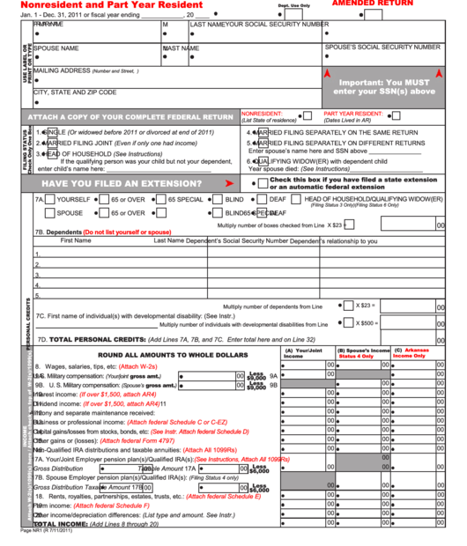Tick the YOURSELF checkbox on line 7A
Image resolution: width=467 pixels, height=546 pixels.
(x=50, y=200)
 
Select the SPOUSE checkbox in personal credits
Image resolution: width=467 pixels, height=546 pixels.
(x=50, y=213)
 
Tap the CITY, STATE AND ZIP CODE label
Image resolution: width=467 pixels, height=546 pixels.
(x=75, y=92)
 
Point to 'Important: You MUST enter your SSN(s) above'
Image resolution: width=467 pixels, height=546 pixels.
(x=386, y=86)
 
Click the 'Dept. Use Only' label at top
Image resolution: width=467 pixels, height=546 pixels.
(x=294, y=5)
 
